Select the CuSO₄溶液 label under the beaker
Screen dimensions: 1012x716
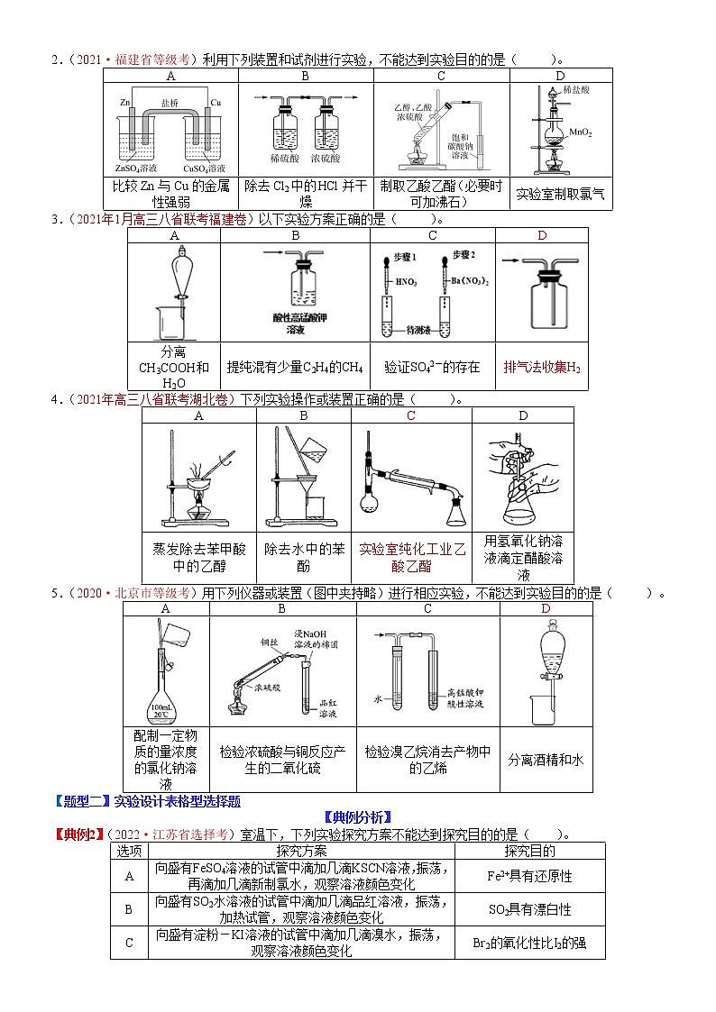click(x=205, y=168)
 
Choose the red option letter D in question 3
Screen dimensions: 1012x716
click(x=542, y=235)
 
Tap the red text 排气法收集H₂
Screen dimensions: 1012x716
click(x=541, y=368)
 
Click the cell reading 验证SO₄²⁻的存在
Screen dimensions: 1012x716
click(x=432, y=368)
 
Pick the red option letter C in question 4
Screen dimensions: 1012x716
click(x=411, y=415)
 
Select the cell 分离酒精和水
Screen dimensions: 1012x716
click(x=546, y=760)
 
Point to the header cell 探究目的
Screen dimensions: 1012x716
click(x=530, y=851)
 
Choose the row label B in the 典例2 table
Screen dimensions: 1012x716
click(x=129, y=909)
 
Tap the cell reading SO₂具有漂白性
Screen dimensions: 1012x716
click(x=530, y=909)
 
